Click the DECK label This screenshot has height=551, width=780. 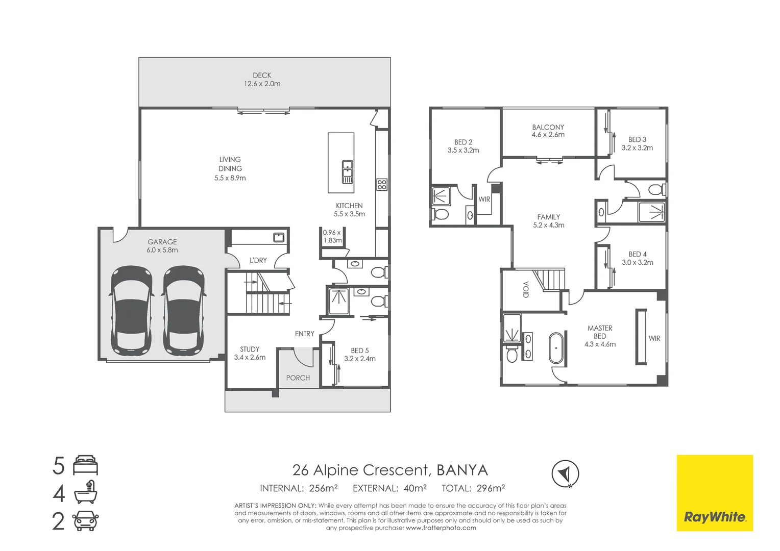pos(262,76)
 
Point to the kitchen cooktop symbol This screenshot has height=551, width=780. pos(382,184)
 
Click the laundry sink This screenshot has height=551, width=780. pos(278,237)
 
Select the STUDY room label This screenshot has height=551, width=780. pos(250,349)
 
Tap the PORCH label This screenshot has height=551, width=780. pos(298,378)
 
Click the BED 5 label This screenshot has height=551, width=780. pos(359,350)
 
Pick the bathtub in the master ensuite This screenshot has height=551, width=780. pos(556,348)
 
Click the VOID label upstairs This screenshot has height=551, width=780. pos(526,289)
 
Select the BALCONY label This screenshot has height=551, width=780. pos(548,127)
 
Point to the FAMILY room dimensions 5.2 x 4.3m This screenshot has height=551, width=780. pos(549,225)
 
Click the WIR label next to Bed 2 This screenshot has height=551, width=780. pos(484,199)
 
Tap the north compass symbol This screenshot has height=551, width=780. pos(565,473)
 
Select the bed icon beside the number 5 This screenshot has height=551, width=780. pos(85,466)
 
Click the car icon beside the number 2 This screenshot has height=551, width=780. pos(85,521)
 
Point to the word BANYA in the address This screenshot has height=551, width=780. pos(462,470)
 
